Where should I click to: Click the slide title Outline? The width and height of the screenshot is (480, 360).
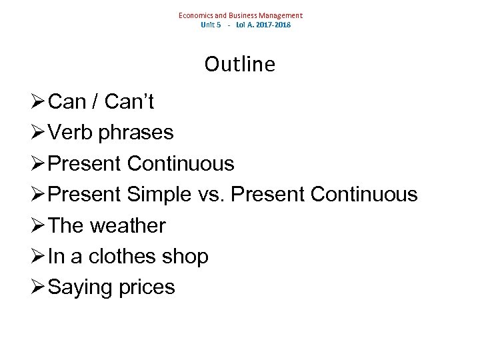[x=239, y=64]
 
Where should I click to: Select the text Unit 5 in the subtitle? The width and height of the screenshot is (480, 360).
[x=211, y=25]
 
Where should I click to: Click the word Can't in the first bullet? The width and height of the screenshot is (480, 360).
[x=129, y=102]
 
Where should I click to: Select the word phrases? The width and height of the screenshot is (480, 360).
[x=135, y=133]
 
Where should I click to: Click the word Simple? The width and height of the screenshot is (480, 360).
[x=157, y=195]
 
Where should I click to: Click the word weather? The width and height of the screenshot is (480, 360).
[x=127, y=225]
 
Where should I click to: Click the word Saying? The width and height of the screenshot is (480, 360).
[x=79, y=287]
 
